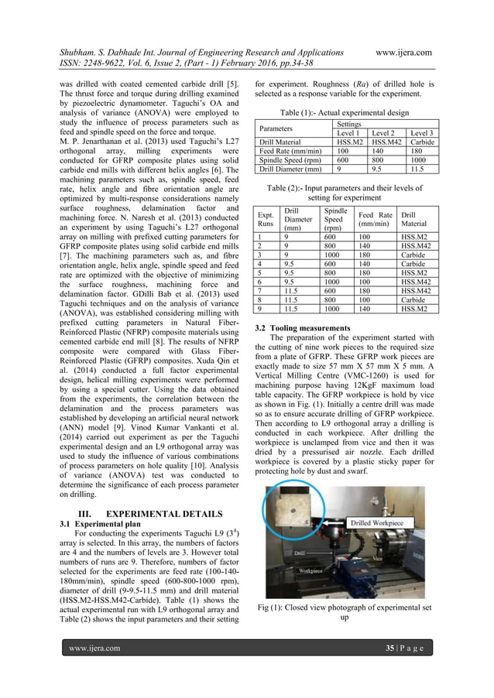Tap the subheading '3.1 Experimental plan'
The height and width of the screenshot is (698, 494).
tap(99, 523)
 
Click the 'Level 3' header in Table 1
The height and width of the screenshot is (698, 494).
tap(421, 133)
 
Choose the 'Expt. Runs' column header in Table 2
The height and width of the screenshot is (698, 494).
tap(267, 220)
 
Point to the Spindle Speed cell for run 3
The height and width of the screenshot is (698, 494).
tap(337, 254)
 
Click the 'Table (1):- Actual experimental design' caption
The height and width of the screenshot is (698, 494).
tap(344, 111)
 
